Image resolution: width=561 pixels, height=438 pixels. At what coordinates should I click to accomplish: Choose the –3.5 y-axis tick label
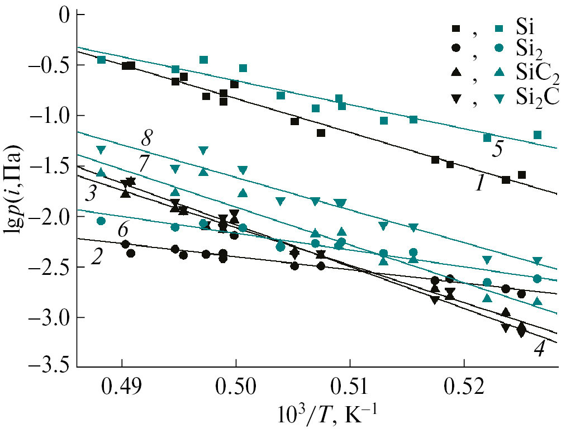point(51,368)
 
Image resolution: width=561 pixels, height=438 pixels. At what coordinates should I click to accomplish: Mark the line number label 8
point(148,137)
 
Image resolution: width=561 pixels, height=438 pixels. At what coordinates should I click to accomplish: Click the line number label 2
point(97,258)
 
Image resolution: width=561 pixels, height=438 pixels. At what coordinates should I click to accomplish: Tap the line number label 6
point(124,230)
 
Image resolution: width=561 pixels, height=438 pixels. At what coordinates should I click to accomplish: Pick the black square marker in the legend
point(457,27)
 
